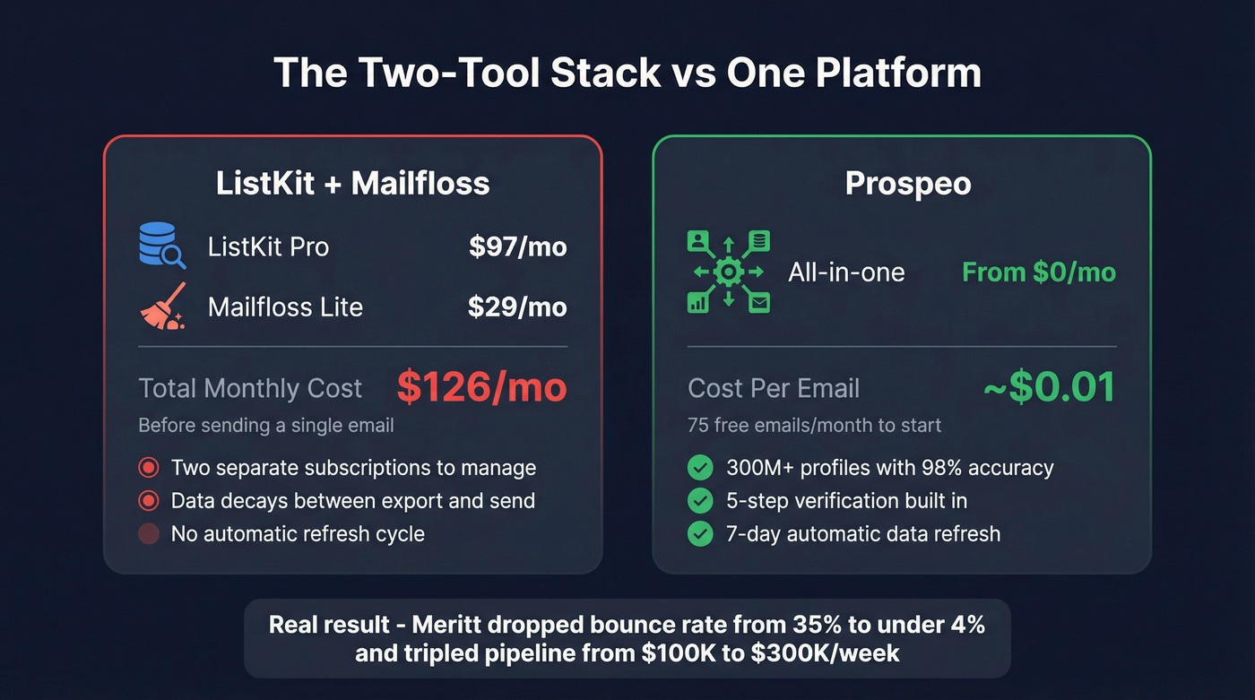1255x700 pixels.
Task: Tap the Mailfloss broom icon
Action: pos(163,307)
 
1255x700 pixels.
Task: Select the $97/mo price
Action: pos(517,246)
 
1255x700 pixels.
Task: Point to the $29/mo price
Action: pos(517,307)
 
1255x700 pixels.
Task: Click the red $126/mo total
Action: pos(481,387)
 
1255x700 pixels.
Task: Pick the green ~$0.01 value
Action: pos(1049,387)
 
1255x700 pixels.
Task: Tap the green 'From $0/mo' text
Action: pos(1039,272)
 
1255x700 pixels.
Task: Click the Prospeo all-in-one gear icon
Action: pos(728,272)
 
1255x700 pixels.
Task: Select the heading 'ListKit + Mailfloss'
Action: pos(352,183)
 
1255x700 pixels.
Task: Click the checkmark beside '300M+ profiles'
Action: pos(699,467)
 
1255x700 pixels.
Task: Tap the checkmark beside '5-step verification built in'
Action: pos(699,500)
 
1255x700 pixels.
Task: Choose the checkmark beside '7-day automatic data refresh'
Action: pos(699,534)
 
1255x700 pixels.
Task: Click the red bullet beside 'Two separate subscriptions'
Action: pos(150,467)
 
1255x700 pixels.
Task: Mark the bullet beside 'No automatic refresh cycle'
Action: pos(150,534)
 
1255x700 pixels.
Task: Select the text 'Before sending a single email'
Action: pos(265,425)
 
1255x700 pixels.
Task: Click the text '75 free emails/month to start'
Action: pos(814,425)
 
